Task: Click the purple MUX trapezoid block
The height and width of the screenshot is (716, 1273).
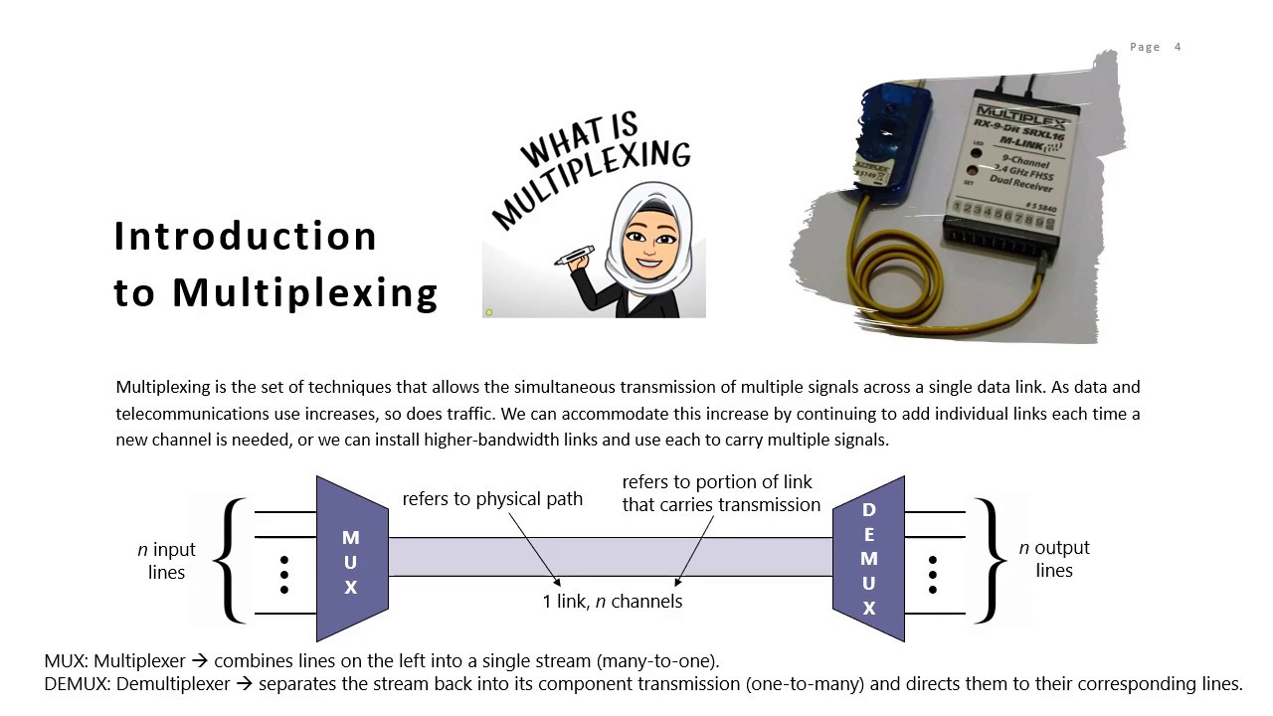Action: point(351,560)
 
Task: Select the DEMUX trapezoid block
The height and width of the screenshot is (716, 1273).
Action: point(868,559)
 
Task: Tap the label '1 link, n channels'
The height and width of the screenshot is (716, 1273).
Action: point(613,601)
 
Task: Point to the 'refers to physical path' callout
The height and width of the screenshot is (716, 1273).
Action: point(492,498)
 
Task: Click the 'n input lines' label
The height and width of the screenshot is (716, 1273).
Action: point(166,561)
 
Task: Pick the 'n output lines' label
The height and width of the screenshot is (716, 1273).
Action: point(1054,559)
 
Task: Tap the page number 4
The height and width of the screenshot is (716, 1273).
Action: point(1178,47)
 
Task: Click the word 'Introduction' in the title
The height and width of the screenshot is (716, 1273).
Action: point(246,237)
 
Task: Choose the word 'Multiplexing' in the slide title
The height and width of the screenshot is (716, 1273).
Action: point(305,293)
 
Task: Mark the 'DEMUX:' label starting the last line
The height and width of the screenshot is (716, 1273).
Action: point(78,684)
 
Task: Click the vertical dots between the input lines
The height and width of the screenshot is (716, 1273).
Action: point(284,575)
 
